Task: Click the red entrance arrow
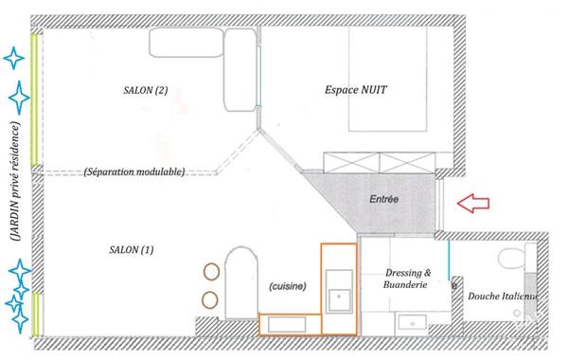(x=473, y=203)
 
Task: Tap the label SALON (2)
(x=145, y=90)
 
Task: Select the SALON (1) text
(x=132, y=250)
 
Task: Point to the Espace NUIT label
(x=356, y=90)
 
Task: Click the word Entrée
(x=384, y=199)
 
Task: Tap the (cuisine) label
(x=288, y=286)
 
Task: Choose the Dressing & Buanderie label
(x=407, y=279)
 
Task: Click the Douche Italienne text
(x=503, y=297)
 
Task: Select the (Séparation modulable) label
(x=134, y=171)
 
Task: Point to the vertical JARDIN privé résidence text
(x=15, y=182)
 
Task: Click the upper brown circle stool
(x=211, y=272)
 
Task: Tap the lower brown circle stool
(x=210, y=300)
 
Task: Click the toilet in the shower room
(x=511, y=259)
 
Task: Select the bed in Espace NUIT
(x=387, y=79)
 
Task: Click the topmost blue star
(x=14, y=58)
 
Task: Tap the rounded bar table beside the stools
(x=241, y=283)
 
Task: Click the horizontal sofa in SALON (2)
(x=186, y=43)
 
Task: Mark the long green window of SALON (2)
(x=34, y=99)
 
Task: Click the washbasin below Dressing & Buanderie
(x=413, y=324)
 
